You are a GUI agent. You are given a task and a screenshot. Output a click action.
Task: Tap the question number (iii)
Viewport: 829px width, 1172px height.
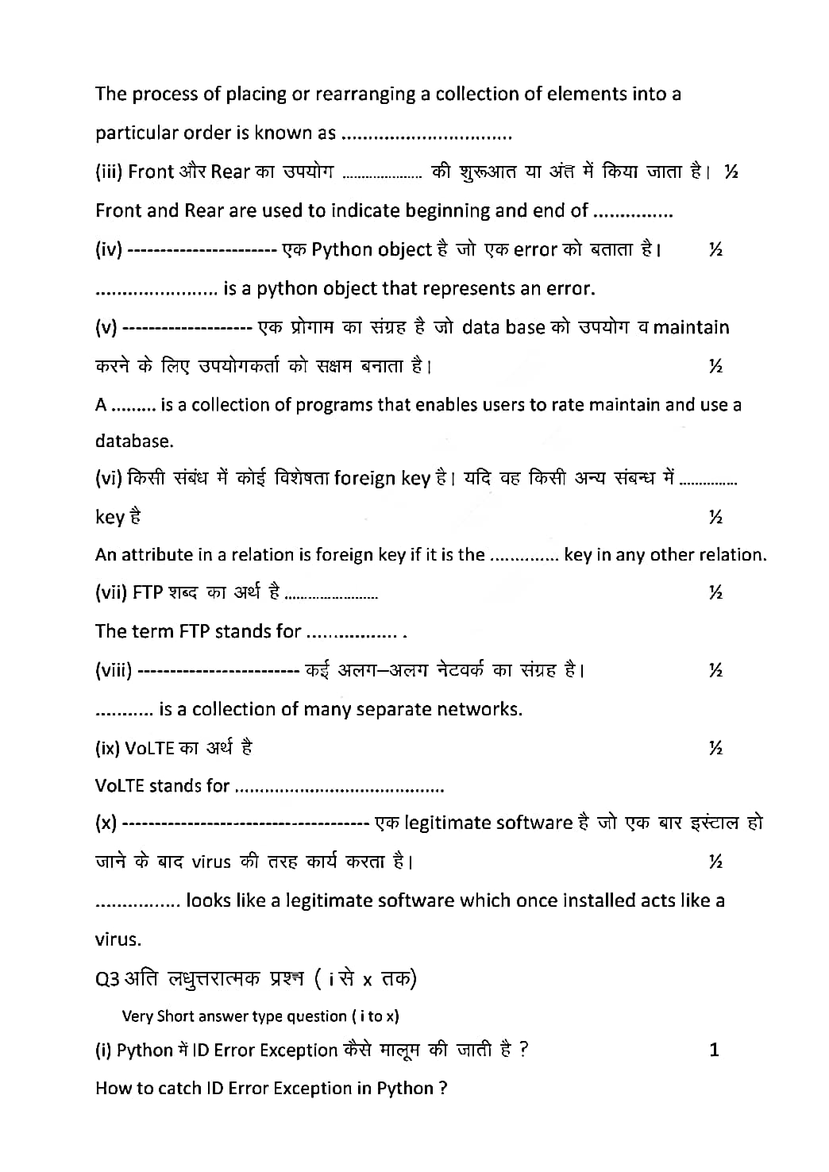coord(109,172)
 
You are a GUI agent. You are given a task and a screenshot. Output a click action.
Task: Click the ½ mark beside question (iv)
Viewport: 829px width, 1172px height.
coord(715,249)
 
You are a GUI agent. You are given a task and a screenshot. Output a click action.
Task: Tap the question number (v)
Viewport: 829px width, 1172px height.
coord(106,327)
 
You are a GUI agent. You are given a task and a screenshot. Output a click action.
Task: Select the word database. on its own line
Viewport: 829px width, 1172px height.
coord(134,441)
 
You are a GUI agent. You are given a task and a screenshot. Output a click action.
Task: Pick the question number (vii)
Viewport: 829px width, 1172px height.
coord(111,592)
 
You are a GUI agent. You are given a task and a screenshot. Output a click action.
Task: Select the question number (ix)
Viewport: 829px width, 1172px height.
coord(107,748)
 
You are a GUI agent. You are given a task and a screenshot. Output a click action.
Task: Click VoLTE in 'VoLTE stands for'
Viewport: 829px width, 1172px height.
coord(119,786)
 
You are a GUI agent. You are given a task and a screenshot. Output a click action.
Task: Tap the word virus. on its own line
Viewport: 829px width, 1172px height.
coord(118,940)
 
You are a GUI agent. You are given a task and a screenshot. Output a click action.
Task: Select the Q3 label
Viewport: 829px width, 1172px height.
coord(107,979)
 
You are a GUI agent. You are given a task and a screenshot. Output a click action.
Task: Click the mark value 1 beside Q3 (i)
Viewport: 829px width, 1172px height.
coord(714,1051)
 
